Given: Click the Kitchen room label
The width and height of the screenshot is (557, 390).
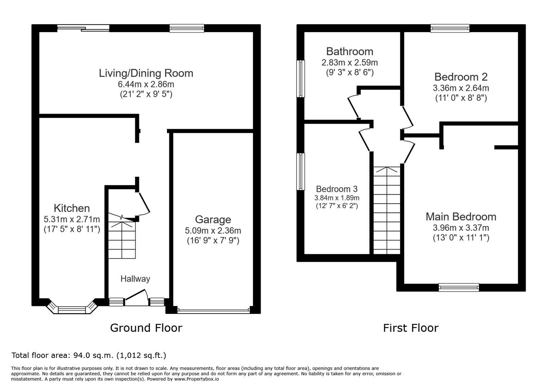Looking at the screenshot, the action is [x=72, y=208].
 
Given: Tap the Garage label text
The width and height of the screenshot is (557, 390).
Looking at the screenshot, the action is [x=213, y=220].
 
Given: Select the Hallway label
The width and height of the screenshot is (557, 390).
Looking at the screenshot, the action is [x=135, y=279].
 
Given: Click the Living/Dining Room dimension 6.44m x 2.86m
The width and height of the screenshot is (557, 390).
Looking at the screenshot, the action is [x=146, y=84].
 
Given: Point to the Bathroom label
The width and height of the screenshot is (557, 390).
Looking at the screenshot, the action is [x=350, y=52].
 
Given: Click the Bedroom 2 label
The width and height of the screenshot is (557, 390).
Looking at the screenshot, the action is [x=461, y=77].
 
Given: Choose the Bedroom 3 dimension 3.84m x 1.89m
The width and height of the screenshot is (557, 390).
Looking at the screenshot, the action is [x=337, y=198].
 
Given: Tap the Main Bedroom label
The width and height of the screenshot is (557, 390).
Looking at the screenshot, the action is [x=461, y=217].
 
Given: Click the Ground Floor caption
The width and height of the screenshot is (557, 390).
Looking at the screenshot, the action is [x=146, y=328].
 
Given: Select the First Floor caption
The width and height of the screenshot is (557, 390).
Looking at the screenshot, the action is [x=411, y=328].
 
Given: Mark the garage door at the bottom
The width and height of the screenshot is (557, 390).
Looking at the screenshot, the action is [x=213, y=311].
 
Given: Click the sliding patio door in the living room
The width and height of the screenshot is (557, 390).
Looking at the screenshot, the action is [x=83, y=28].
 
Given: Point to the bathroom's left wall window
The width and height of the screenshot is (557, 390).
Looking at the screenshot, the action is [x=301, y=79].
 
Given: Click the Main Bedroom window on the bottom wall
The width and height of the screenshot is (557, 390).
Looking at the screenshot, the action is [x=459, y=287].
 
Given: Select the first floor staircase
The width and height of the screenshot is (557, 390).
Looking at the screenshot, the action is [x=387, y=211].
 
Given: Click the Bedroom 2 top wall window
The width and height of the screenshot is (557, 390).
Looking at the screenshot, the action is [x=450, y=28].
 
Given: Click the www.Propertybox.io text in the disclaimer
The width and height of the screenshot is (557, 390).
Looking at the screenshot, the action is [x=197, y=379].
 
